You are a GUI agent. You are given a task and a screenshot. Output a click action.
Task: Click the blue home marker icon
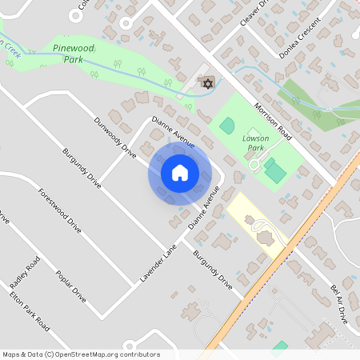(x=179, y=173)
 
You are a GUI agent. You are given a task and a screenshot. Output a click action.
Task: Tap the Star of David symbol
(x=208, y=83)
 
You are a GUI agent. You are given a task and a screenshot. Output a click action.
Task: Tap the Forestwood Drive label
(x=59, y=211)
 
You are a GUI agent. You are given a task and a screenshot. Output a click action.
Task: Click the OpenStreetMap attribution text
(x=82, y=354)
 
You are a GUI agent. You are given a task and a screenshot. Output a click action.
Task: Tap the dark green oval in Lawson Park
(x=226, y=126)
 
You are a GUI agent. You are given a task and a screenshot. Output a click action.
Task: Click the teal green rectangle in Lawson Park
(x=275, y=170)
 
